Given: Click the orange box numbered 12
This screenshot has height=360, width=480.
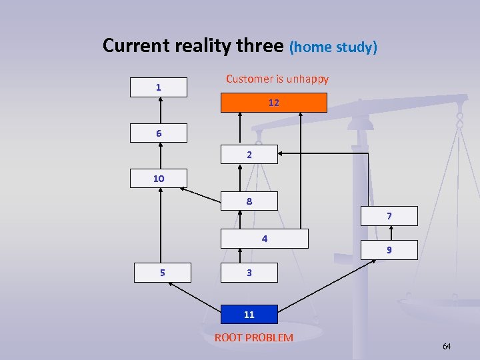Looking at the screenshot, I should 274,103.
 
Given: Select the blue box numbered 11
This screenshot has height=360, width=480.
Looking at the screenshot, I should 249,315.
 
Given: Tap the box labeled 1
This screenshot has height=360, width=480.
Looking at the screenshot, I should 159,87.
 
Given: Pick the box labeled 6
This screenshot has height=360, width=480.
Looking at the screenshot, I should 159,133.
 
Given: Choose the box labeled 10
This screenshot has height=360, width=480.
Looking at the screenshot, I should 159,179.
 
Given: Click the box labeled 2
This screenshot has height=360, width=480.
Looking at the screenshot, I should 249,155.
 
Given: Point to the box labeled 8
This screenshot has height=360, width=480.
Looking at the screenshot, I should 249,201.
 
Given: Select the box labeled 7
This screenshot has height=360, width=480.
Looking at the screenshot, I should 389,216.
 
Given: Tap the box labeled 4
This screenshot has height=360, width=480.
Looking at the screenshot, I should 265,239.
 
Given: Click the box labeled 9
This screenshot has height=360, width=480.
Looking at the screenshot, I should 389,250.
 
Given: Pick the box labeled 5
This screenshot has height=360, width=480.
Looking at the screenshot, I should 163,273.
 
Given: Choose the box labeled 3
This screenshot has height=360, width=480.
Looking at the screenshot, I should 249,273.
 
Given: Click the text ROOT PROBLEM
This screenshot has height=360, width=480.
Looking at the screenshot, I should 254,337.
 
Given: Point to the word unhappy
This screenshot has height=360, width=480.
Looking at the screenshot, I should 307,79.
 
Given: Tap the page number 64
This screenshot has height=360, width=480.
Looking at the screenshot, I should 447,346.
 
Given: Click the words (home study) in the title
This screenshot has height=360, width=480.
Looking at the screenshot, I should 333,47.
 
